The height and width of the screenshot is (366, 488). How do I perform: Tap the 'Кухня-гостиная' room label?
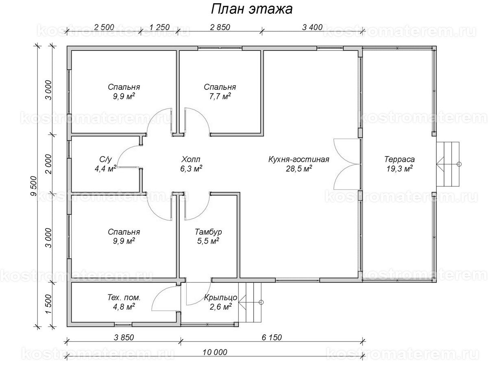[x=298, y=159]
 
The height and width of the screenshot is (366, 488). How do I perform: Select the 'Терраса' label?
[x=399, y=159]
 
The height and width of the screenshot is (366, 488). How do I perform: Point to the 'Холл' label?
[x=191, y=159]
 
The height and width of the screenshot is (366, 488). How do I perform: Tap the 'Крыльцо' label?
[x=216, y=298]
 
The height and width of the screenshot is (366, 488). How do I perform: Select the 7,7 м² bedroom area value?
[x=220, y=96]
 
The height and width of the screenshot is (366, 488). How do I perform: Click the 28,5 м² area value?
[x=298, y=168]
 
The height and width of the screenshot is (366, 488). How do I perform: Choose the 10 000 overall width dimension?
[x=214, y=352]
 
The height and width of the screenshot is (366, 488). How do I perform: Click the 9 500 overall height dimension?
[x=33, y=185]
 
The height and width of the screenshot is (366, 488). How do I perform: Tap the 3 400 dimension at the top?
[x=312, y=27]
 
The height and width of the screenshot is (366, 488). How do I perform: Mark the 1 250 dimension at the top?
[x=159, y=27]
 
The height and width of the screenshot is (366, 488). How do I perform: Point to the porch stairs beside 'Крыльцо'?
[x=252, y=302]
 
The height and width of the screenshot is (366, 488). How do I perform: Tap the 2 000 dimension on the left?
[x=48, y=163]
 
